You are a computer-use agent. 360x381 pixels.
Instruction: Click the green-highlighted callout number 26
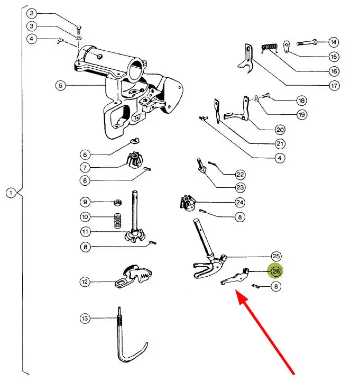tap(276, 271)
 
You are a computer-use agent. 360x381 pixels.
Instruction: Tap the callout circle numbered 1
tap(11, 193)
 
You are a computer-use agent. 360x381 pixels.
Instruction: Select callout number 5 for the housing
tap(60, 85)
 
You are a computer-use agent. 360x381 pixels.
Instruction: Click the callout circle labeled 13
tap(85, 318)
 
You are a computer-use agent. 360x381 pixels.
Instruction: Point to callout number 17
tap(334, 86)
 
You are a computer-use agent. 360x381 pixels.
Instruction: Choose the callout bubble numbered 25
tap(276, 256)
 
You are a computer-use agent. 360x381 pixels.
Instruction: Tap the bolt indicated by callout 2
tap(79, 30)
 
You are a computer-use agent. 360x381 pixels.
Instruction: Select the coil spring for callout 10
tap(118, 221)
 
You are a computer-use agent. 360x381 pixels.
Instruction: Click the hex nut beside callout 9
tap(118, 202)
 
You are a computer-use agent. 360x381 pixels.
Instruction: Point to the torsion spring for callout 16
tap(269, 48)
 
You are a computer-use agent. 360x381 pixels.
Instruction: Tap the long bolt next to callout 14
tap(307, 42)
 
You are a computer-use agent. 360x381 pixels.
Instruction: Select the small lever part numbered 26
tap(235, 277)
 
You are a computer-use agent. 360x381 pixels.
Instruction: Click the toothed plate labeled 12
tap(134, 276)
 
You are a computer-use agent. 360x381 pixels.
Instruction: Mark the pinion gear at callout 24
tap(188, 203)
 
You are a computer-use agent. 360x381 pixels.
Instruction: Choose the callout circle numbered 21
tap(280, 144)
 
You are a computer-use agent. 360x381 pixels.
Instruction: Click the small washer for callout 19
tap(256, 98)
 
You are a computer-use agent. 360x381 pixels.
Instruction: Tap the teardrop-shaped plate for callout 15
tap(287, 47)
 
